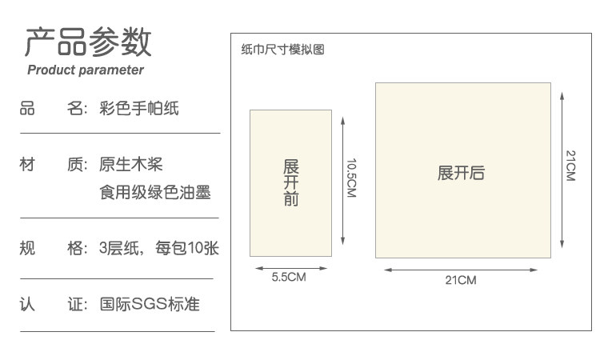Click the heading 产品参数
click(88, 42)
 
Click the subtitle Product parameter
click(86, 70)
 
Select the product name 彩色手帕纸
click(139, 108)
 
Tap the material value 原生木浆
click(131, 165)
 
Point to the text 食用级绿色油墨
click(155, 192)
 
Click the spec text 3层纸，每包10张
click(159, 248)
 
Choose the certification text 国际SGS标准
click(150, 304)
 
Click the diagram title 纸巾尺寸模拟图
click(282, 50)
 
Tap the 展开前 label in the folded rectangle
click(291, 182)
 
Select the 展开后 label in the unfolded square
click(461, 173)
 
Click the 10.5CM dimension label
click(351, 178)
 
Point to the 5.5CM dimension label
click(289, 277)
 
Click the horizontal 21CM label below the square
click(461, 280)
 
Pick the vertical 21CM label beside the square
click(570, 166)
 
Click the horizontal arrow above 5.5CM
click(291, 268)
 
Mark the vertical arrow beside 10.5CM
click(343, 181)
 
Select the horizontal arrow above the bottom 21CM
click(461, 270)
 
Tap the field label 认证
click(54, 305)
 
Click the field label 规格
click(54, 248)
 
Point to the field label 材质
click(54, 165)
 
